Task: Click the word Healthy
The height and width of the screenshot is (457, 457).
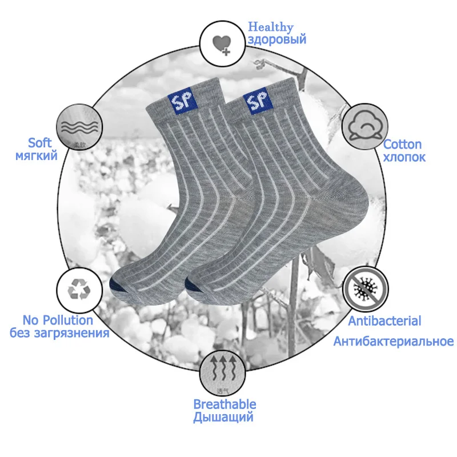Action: pyautogui.click(x=270, y=27)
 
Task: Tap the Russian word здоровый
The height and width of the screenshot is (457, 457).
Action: pyautogui.click(x=276, y=40)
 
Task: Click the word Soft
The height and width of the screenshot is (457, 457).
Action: pyautogui.click(x=40, y=143)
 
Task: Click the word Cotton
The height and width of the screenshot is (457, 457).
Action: pyautogui.click(x=402, y=145)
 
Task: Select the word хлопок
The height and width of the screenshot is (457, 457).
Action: pyautogui.click(x=404, y=157)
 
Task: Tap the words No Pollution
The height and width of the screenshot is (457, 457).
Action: pyautogui.click(x=58, y=320)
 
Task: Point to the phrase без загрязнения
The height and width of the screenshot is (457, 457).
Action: pyautogui.click(x=59, y=333)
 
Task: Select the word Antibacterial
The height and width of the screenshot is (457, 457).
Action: pyautogui.click(x=384, y=321)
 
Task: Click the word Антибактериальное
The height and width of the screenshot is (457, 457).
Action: pyautogui.click(x=393, y=342)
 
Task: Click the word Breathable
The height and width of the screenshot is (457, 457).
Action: pyautogui.click(x=225, y=404)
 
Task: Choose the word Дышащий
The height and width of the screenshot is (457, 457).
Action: pyautogui.click(x=223, y=418)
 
